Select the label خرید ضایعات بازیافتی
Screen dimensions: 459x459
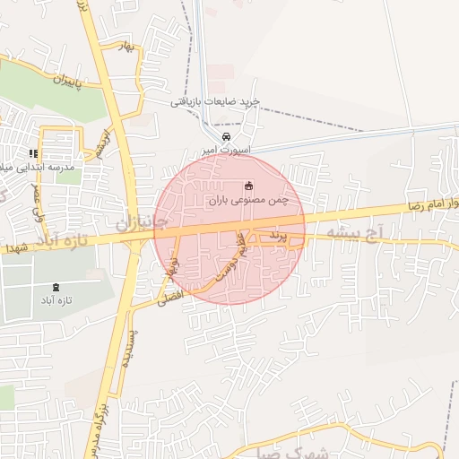tap(216, 102)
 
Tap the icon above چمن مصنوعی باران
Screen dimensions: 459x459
tap(248, 186)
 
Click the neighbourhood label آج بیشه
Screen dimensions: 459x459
tap(355, 231)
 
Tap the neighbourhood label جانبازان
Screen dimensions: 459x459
tap(134, 221)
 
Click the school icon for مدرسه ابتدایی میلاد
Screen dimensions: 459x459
tap(33, 154)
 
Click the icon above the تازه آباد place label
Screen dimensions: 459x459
tap(58, 287)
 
